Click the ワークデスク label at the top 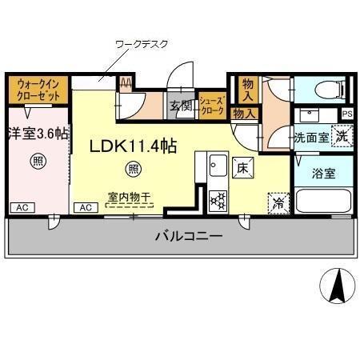pos(142,44)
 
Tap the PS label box pos(346,114)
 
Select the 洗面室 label pos(312,138)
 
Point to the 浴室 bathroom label pos(324,172)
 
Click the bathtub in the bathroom pos(322,202)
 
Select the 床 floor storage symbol pos(243,167)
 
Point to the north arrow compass pos(337,286)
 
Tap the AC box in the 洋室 pos(22,207)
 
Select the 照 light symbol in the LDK pos(134,169)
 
